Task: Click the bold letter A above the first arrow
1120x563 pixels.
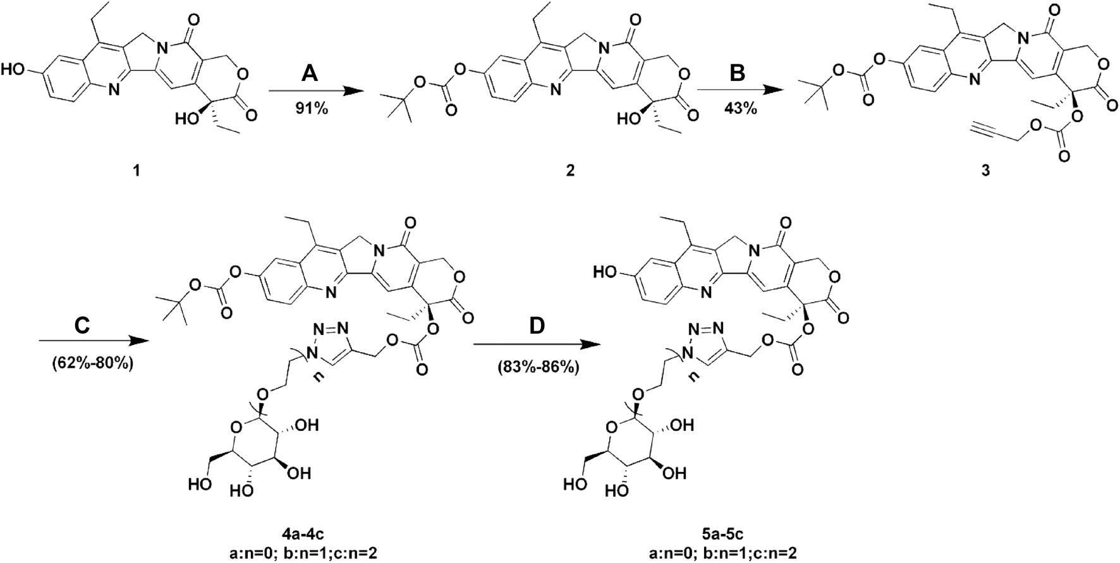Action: pyautogui.click(x=308, y=74)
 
